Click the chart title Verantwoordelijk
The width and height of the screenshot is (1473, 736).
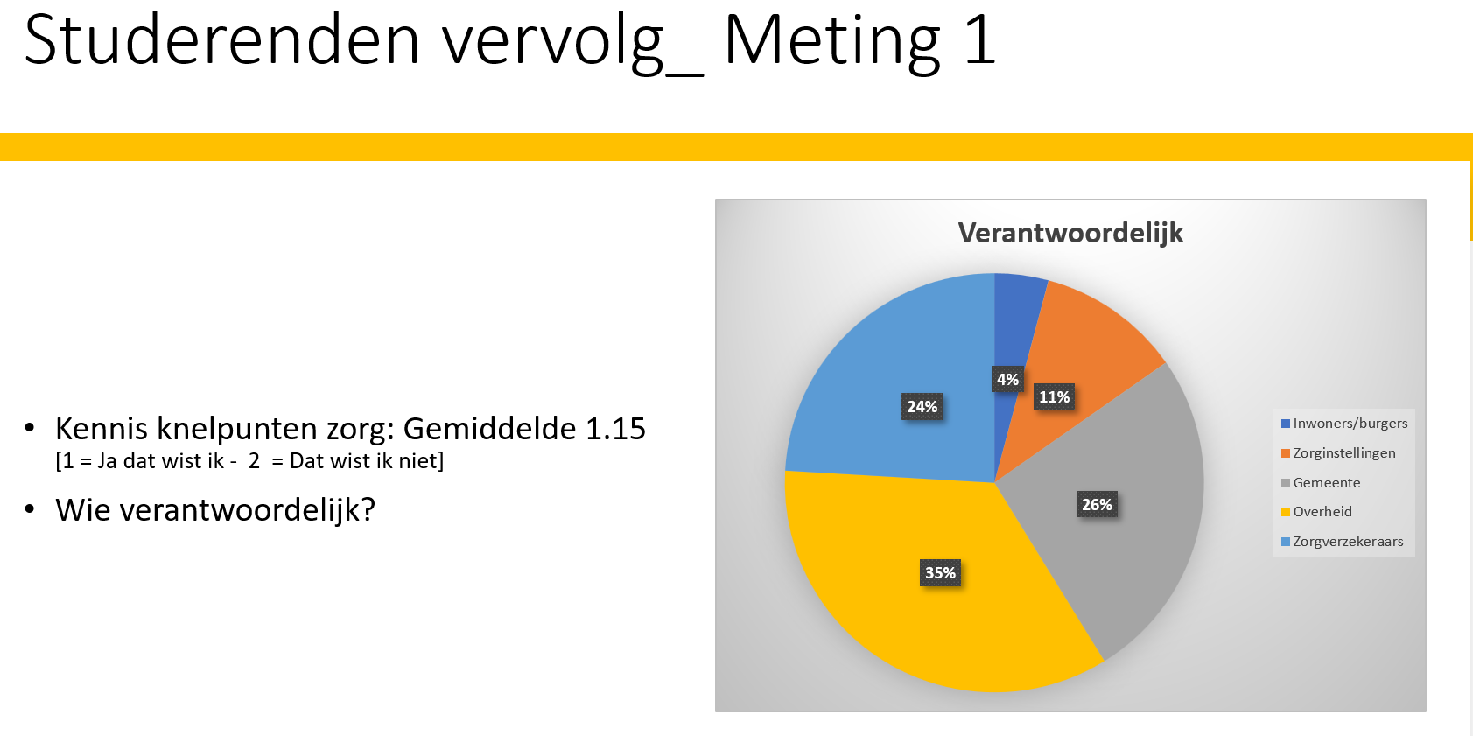pos(1070,233)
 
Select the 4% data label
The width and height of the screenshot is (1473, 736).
pos(1007,379)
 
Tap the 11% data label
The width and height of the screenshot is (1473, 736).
pos(1054,397)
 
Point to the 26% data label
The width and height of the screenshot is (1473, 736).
pos(1097,504)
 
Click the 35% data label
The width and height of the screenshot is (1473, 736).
pos(940,572)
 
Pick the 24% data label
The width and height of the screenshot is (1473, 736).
pos(922,406)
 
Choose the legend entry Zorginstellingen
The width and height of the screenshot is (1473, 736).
pos(1343,453)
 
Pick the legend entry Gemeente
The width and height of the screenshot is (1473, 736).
pos(1326,483)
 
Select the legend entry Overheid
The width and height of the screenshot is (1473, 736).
pos(1322,512)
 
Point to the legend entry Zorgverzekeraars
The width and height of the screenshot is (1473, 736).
pos(1347,542)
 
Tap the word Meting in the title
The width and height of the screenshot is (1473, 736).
pos(831,42)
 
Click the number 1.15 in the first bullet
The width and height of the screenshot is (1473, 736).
pos(615,429)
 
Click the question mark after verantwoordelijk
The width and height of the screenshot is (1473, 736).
pos(368,509)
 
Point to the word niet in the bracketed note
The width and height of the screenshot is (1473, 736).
pos(418,461)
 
